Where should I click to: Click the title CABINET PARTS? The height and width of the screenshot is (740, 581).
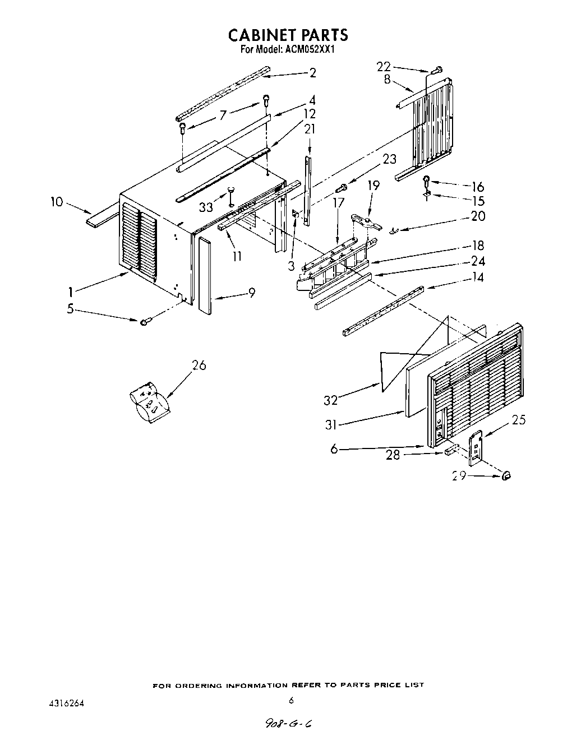pyautogui.click(x=288, y=35)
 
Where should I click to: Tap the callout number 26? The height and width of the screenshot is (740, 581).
pyautogui.click(x=199, y=366)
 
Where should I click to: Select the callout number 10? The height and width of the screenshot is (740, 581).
pyautogui.click(x=57, y=202)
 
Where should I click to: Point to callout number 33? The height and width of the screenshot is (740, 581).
pyautogui.click(x=206, y=207)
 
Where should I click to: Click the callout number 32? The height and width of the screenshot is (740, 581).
pyautogui.click(x=331, y=400)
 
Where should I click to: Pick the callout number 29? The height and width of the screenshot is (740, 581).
pyautogui.click(x=459, y=476)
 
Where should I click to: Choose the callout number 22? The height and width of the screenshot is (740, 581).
pyautogui.click(x=384, y=66)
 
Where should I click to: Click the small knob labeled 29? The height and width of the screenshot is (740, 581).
pyautogui.click(x=506, y=475)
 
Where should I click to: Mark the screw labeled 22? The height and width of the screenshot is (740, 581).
pyautogui.click(x=437, y=71)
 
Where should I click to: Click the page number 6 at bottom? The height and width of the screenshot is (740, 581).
pyautogui.click(x=291, y=700)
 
